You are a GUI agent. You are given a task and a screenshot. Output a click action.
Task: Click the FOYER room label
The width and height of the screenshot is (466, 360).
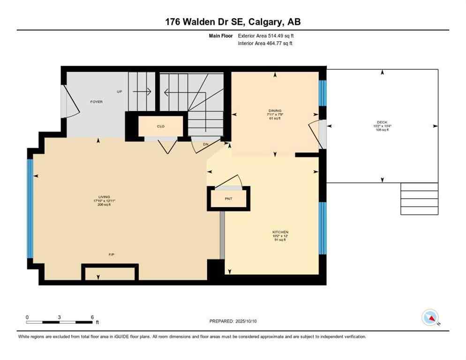tap(96, 102)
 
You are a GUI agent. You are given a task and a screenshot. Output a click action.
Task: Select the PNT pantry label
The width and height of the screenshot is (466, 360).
tap(228, 199)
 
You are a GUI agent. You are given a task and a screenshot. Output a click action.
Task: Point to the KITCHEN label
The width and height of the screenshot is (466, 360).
tap(280, 232)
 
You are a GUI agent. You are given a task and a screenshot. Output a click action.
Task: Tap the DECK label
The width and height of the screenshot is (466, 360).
tap(382, 122)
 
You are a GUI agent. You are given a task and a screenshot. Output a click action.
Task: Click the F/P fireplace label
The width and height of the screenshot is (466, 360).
tap(112, 255)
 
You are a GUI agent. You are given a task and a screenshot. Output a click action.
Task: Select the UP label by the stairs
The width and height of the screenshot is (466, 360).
tap(120, 91)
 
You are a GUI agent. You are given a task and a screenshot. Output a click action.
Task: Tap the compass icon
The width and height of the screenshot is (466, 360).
tap(429, 317)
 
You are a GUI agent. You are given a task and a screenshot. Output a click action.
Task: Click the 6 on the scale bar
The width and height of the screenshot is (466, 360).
tap(92, 317)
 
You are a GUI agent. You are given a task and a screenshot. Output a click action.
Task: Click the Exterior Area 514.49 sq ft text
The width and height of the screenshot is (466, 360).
tap(266, 35)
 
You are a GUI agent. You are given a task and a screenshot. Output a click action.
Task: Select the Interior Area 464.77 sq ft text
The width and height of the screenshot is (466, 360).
tap(265, 43)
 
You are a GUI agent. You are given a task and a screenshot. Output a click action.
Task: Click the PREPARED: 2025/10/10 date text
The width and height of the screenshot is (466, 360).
tap(233, 321)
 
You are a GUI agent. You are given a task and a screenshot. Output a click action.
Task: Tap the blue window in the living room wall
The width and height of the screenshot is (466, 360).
tap(30, 209)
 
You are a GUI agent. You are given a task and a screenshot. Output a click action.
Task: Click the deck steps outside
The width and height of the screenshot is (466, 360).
tap(419, 199)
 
